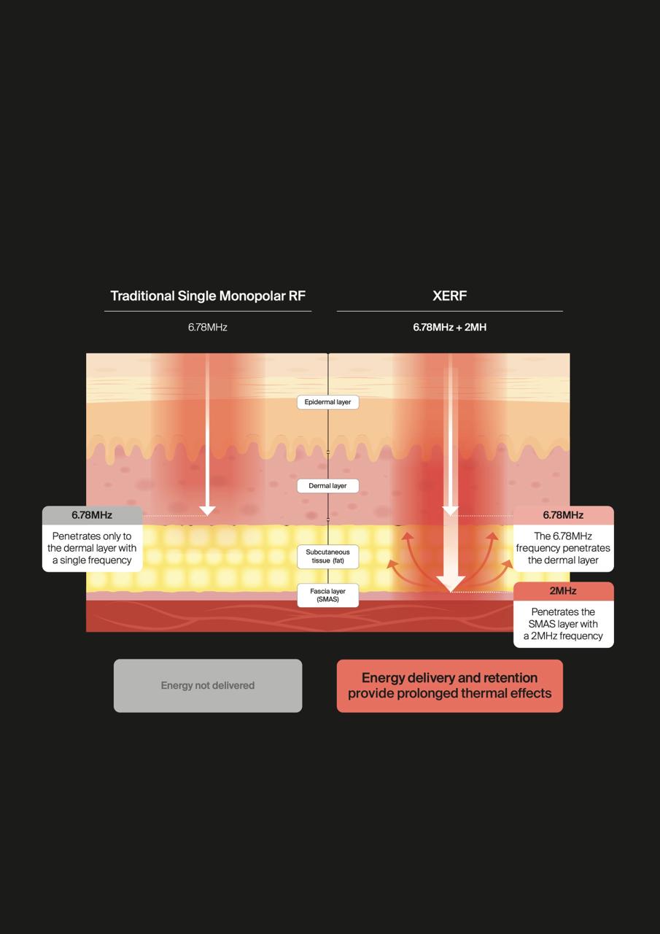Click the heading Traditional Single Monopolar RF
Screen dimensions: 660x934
coord(208,296)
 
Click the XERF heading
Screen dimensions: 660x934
coord(449,296)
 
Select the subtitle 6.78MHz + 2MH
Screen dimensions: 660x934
coord(449,328)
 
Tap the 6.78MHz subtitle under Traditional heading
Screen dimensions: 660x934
coord(208,328)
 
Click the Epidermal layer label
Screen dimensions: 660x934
coord(328,402)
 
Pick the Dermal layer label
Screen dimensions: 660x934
coord(328,486)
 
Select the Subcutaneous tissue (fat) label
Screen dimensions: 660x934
coord(328,556)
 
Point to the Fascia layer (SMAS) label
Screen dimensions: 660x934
coord(328,595)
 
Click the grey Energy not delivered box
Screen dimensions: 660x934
coord(208,685)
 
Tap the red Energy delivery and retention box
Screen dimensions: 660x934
coord(449,685)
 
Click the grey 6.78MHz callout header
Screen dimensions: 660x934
coord(92,515)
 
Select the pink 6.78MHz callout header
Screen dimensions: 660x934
coord(563,515)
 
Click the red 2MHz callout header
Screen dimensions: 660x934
coord(563,591)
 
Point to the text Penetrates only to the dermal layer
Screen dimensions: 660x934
coord(92,542)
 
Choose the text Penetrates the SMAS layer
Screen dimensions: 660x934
coord(563,618)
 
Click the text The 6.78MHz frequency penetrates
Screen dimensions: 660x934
coord(563,542)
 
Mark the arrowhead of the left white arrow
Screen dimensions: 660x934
coord(207,511)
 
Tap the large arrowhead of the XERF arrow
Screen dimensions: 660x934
coord(451,584)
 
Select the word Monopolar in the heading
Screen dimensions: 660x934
coord(252,296)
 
